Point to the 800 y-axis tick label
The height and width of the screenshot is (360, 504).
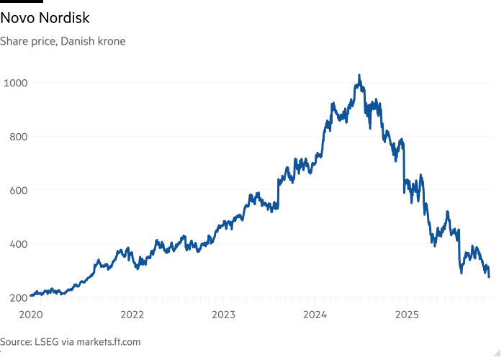(14, 137)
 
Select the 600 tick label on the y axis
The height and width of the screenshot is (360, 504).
(14, 191)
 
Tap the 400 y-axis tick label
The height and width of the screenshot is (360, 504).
(14, 244)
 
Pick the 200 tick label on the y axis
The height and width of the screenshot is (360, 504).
(14, 297)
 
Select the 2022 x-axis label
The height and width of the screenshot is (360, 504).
(132, 314)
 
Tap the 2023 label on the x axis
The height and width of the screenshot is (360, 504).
(224, 314)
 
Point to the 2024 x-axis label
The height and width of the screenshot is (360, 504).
(315, 314)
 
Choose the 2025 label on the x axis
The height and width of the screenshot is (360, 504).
(407, 314)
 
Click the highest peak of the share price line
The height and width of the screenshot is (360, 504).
(359, 75)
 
